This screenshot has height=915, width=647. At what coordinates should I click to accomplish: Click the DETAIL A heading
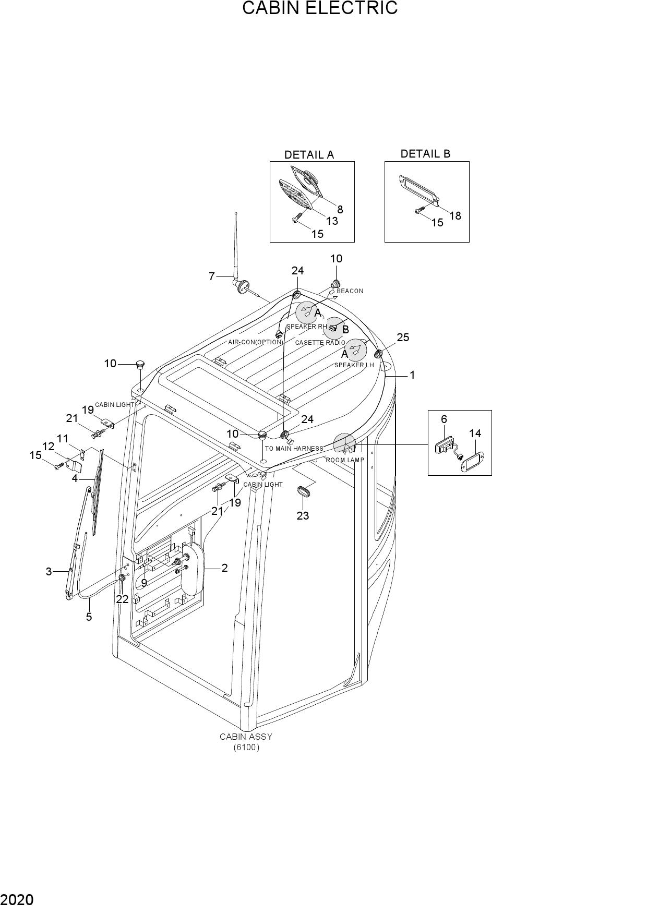coord(309,155)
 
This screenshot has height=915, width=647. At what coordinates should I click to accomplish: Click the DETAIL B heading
coord(425,154)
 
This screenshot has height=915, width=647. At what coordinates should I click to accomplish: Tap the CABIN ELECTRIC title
coord(320,8)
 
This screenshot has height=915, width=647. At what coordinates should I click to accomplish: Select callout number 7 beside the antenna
coord(212,276)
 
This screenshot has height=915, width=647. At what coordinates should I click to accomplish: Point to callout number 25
coord(403,338)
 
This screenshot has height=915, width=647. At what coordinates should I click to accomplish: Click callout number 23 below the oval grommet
coord(303,516)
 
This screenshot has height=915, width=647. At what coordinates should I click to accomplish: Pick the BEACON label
coord(350,291)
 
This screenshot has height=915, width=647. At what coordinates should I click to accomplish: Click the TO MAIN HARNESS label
coord(294,449)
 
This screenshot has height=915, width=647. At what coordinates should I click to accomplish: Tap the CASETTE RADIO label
coord(320,343)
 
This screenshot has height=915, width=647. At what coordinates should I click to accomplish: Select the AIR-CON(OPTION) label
coord(255,343)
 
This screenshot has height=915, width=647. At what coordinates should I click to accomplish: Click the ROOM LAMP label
coord(345,460)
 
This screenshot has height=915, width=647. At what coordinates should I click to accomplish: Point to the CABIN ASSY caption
coord(246,737)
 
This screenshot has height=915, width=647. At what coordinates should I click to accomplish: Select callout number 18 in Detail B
coord(455,216)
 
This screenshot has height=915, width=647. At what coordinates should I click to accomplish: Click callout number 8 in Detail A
coord(340,210)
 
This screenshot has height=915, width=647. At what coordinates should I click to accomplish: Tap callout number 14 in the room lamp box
coord(475,434)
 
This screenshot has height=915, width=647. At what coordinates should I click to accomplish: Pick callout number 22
coord(122,599)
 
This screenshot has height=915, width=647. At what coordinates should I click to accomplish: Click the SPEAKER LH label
coord(354,365)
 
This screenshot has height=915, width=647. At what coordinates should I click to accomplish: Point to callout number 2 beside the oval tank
coord(225,568)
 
